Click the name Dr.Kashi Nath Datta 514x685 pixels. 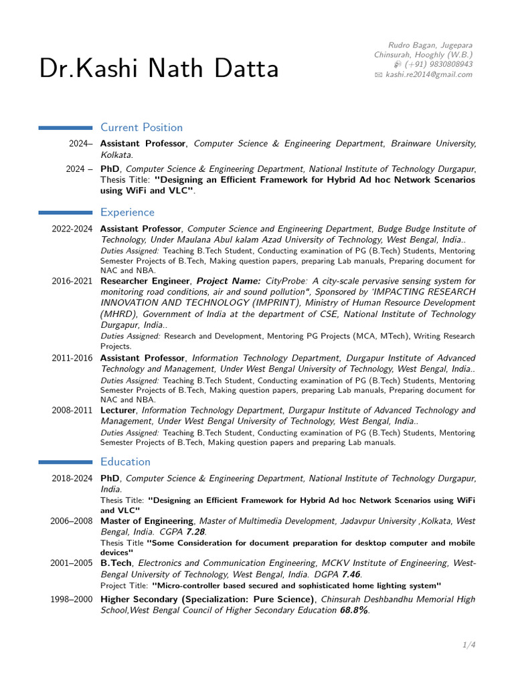coord(159,70)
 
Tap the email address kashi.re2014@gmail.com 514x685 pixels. coord(428,74)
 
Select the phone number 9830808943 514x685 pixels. coord(450,64)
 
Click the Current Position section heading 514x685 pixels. coord(141,127)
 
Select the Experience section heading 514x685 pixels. coord(127,212)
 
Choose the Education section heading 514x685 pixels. coord(125,462)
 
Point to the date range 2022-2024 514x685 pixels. coord(72,229)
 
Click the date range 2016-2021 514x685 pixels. coord(72,281)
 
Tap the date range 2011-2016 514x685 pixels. coord(72,358)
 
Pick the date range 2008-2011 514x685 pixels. coord(72,410)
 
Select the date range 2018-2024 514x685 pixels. coord(72,478)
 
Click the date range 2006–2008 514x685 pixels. coord(72,520)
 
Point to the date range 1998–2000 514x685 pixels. coord(72,599)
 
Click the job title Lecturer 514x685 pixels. coord(118,410)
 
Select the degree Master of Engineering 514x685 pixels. coord(147,520)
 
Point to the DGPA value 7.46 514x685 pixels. coord(351,574)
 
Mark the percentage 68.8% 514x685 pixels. coord(354,610)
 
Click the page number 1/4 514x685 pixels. coord(468,645)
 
